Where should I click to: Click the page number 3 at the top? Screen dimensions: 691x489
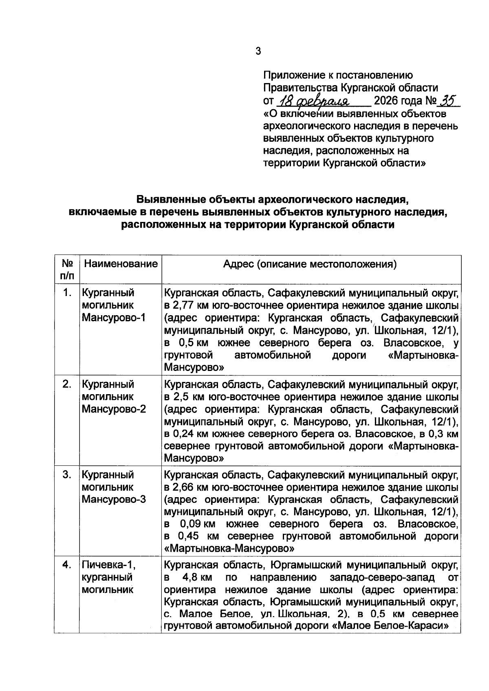point(258,51)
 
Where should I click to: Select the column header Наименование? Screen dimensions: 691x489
point(121,264)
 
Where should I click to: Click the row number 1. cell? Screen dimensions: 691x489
point(68,293)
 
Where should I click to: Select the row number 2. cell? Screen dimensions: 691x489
point(68,384)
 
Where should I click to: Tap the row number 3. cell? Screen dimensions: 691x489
point(68,474)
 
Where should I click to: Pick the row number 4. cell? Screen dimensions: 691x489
point(68,565)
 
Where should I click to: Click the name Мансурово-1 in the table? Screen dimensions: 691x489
point(114,318)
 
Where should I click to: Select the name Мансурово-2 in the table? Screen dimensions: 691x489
point(114,409)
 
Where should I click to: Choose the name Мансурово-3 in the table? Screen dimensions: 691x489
point(114,499)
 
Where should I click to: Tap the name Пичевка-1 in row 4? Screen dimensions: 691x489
point(108,565)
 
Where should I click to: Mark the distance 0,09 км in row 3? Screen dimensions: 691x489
point(196,524)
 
